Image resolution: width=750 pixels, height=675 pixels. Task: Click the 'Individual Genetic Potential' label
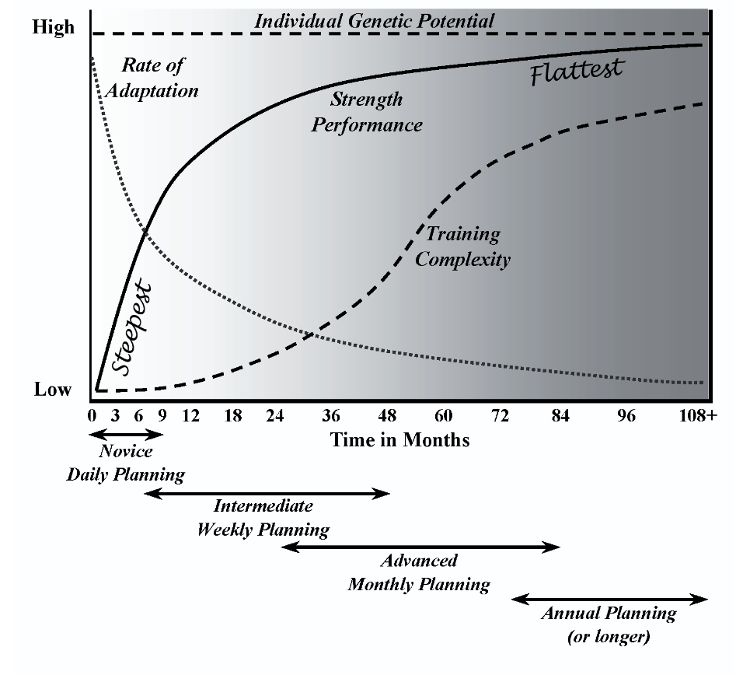click(x=374, y=21)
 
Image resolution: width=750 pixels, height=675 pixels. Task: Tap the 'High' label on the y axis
click(x=54, y=28)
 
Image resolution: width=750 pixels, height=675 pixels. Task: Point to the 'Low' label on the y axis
click(x=53, y=390)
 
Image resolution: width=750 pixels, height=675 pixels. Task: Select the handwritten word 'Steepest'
click(x=131, y=331)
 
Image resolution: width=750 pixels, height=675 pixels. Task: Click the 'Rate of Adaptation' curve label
click(x=152, y=78)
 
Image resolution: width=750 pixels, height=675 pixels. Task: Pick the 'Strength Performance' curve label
click(x=367, y=112)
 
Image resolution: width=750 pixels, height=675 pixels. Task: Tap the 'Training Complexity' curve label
click(x=463, y=247)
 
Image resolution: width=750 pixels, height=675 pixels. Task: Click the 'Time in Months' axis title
click(x=400, y=440)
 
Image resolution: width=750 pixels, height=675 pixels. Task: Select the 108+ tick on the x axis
click(x=697, y=415)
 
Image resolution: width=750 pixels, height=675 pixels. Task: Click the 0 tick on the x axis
click(x=92, y=415)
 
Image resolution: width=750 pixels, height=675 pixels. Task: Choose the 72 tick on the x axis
click(x=501, y=415)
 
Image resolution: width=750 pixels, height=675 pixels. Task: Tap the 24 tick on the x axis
click(x=274, y=415)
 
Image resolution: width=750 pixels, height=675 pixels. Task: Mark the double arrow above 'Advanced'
click(x=420, y=547)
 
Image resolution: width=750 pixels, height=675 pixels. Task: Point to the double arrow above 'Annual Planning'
click(x=609, y=599)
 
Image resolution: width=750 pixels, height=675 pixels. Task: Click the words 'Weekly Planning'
click(x=263, y=530)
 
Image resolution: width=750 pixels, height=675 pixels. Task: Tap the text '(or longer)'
click(x=609, y=638)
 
